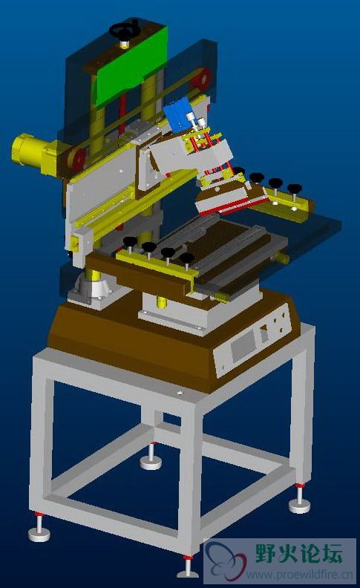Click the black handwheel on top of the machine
125,30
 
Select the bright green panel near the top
130,66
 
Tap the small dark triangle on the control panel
264,328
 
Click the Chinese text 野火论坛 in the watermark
299,554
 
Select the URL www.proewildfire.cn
299,574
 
